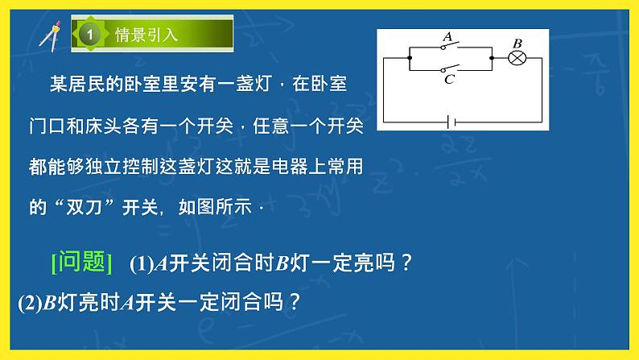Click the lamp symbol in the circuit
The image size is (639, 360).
[x=518, y=58]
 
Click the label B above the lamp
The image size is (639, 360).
[x=517, y=43]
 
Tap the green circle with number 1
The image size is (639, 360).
[x=90, y=35]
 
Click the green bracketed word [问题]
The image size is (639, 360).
[x=81, y=262]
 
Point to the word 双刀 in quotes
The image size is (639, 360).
[x=83, y=206]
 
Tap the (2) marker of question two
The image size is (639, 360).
[x=28, y=302]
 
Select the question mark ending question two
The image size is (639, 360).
[x=294, y=302]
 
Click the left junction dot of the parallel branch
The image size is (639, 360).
[x=410, y=58]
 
